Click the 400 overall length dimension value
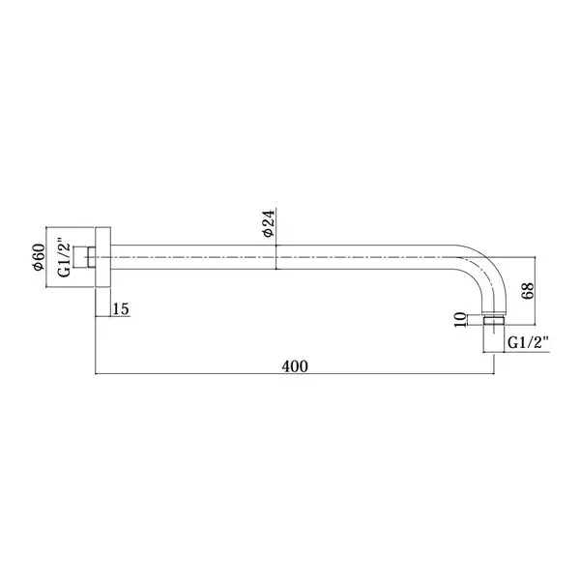295,366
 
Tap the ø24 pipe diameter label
269,223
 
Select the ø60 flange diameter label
39,257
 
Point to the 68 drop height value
528,290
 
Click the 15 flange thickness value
121,308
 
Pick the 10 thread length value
460,320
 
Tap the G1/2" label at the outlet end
528,342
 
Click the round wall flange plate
103,257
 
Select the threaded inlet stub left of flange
85,257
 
